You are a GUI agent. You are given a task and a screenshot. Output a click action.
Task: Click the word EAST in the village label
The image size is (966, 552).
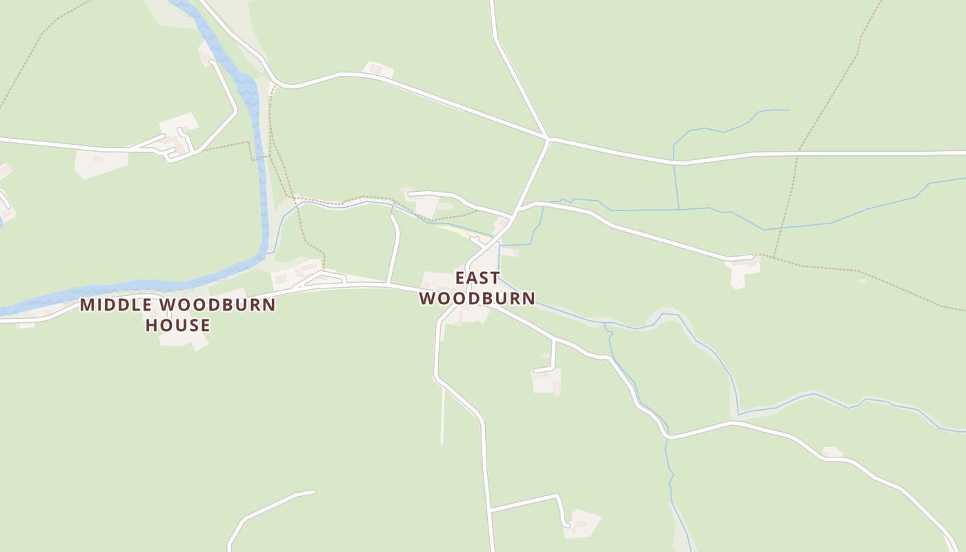[x=477, y=278]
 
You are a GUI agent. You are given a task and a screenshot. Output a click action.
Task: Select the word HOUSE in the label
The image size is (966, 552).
[x=177, y=325]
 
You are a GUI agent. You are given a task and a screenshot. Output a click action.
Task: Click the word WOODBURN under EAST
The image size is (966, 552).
[x=477, y=298]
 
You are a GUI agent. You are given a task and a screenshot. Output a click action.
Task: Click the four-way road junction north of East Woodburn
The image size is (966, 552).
[x=548, y=139]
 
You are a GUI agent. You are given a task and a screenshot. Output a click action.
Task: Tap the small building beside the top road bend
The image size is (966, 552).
[x=377, y=70]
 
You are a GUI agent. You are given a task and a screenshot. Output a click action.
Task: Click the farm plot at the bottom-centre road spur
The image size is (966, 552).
[x=582, y=524]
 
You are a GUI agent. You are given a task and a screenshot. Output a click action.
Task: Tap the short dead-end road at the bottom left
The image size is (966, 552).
[x=269, y=507]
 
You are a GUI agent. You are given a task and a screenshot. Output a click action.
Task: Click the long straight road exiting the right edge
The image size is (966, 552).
[x=862, y=152]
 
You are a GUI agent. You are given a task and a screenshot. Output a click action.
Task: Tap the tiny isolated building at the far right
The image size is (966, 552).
[x=860, y=281]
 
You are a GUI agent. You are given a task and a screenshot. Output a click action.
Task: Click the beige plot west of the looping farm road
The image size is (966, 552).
[x=101, y=162]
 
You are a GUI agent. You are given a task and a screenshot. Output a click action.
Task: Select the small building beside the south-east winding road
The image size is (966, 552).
[x=831, y=452]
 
